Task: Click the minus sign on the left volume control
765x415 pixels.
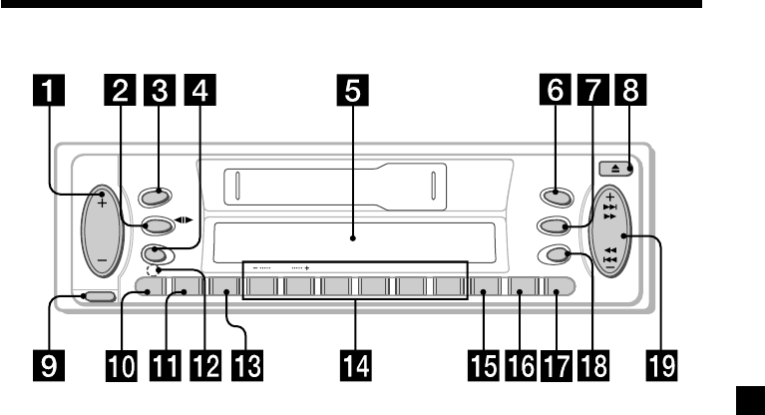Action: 102,263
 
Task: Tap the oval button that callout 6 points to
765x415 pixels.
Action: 551,198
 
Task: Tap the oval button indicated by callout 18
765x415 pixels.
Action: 551,254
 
